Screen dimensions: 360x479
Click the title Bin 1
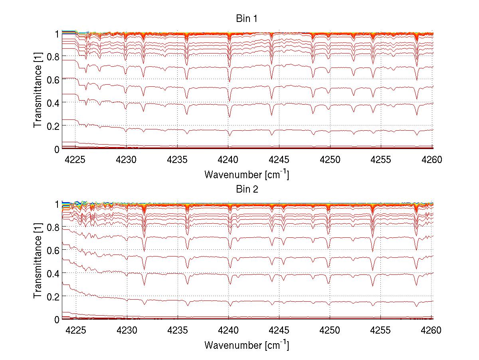click(246, 19)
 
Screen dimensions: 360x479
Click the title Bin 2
click(246, 189)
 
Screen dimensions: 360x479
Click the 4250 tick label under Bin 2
click(330, 330)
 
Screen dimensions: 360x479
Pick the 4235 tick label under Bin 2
click(178, 330)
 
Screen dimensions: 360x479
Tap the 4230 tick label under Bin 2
click(127, 330)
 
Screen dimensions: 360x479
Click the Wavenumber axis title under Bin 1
click(246, 175)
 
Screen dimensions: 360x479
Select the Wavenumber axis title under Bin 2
click(246, 345)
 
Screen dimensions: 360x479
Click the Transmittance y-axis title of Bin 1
click(38, 91)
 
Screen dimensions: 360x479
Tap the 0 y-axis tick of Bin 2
click(57, 319)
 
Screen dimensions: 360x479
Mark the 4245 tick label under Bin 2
click(279, 330)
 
